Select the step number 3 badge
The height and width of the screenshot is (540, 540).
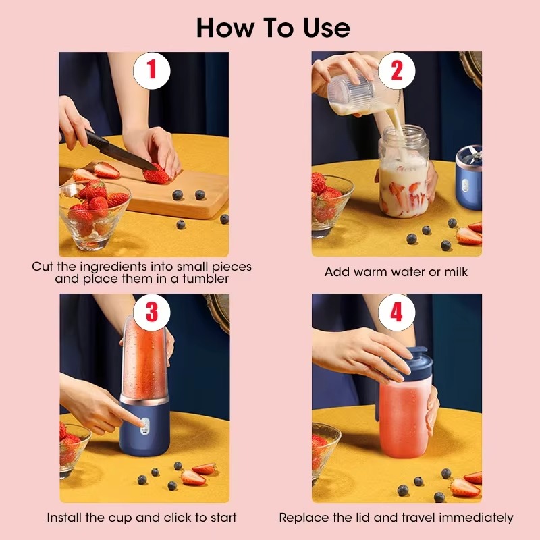coord(152,313)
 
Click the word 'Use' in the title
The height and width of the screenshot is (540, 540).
coord(322,28)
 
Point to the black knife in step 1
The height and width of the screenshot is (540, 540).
coord(115,151)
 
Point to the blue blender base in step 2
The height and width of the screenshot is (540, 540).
coord(467,172)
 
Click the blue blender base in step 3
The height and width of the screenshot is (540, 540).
coord(144,432)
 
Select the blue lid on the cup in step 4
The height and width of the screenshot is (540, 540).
coord(412,362)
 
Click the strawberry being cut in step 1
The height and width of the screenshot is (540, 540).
coord(157,175)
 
